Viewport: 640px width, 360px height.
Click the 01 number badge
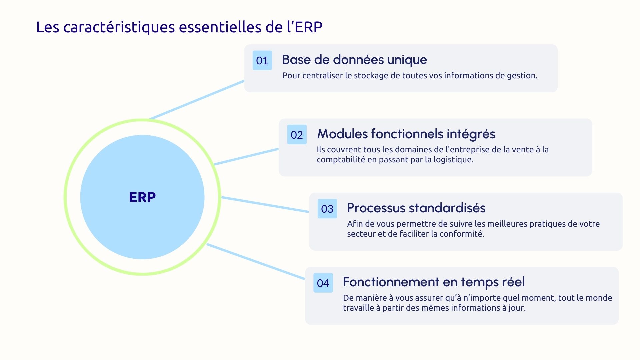pyautogui.click(x=262, y=60)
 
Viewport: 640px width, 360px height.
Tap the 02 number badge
pyautogui.click(x=297, y=135)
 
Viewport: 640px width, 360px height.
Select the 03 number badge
pyautogui.click(x=327, y=209)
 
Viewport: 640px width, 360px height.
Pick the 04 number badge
pyautogui.click(x=323, y=283)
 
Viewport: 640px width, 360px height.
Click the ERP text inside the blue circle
pyautogui.click(x=142, y=197)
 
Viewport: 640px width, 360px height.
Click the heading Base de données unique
pyautogui.click(x=354, y=60)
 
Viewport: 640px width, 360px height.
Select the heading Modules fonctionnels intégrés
pyautogui.click(x=406, y=134)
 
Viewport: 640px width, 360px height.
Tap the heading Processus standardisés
pyautogui.click(x=416, y=208)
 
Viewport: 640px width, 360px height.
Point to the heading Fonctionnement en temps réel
pyautogui.click(x=434, y=282)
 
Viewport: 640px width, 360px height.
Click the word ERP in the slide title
pyautogui.click(x=308, y=27)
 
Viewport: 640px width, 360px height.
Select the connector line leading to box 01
pyautogui.click(x=197, y=99)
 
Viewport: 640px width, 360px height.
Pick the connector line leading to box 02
pyautogui.click(x=246, y=157)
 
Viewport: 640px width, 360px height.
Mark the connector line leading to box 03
pyautogui.click(x=265, y=204)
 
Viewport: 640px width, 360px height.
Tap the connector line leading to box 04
pyautogui.click(x=256, y=261)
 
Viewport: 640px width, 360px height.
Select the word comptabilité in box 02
pyautogui.click(x=341, y=160)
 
